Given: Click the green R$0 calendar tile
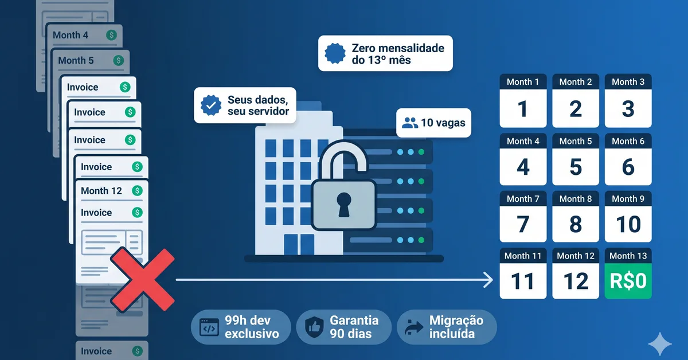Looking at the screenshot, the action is (628, 281).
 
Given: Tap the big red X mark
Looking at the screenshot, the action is (143, 280).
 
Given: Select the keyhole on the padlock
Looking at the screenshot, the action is (343, 205).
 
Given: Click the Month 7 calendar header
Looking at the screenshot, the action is (523, 199).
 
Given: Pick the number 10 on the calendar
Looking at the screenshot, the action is (628, 224).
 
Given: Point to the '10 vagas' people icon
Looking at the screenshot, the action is (410, 123).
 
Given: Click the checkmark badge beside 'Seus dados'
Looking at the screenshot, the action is (211, 105).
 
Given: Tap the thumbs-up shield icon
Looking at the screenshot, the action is (314, 327).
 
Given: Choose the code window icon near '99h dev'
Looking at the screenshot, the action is (209, 327).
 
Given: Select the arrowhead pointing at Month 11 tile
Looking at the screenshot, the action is (488, 280).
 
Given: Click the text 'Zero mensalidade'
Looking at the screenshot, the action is (398, 48).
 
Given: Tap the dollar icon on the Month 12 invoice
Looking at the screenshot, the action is (137, 191).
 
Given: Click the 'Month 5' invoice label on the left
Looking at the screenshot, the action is (76, 61).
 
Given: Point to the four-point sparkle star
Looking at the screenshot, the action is (660, 344).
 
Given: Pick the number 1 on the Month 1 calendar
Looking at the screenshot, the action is (523, 109).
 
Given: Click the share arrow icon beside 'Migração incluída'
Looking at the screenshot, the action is (414, 327).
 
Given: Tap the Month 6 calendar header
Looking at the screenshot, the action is (628, 141).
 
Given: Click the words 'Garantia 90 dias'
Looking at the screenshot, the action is (354, 327).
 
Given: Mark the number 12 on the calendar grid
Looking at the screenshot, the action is (576, 281).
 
